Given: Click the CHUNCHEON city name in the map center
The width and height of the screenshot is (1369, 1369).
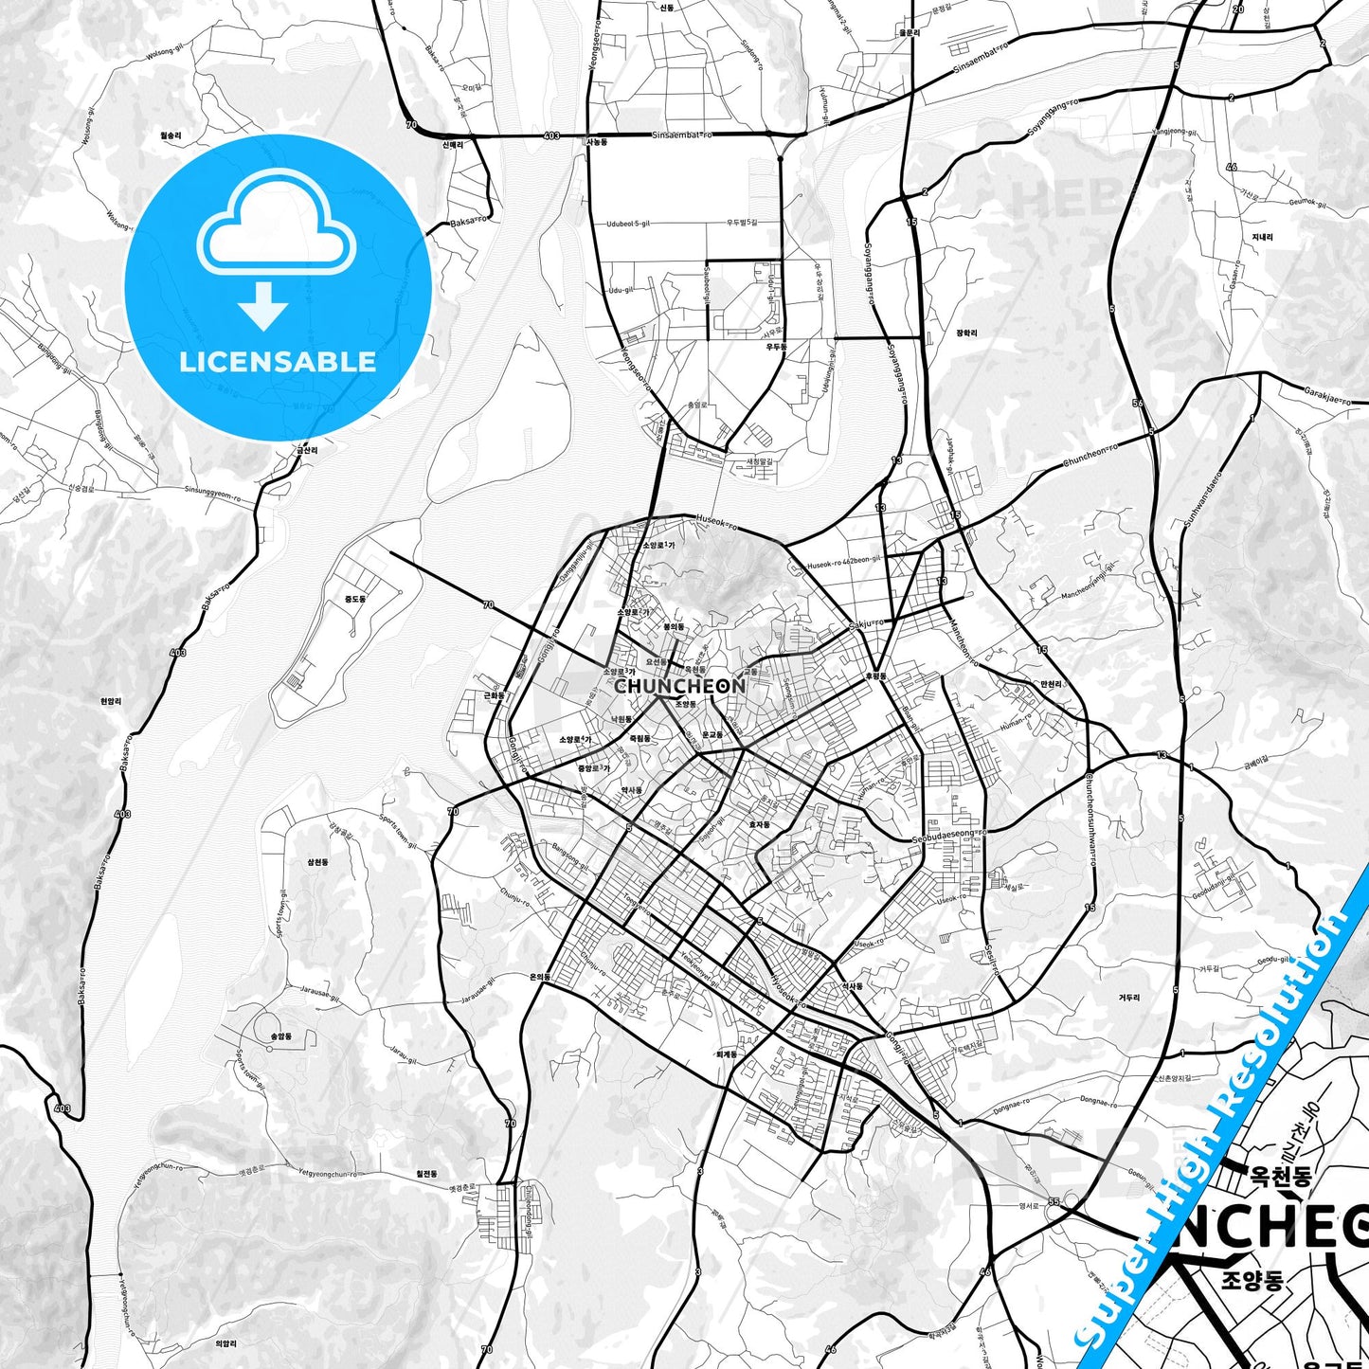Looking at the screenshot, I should (679, 685).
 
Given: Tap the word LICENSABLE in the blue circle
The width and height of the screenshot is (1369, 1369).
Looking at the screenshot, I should (278, 361).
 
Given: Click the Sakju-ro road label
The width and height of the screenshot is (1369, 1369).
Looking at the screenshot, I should (866, 623).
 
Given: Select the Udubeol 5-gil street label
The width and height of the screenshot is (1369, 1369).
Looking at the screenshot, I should (628, 224).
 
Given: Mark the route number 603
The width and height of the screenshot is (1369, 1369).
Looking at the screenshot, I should (552, 136).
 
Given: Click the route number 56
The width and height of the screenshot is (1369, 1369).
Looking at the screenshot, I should (1138, 404).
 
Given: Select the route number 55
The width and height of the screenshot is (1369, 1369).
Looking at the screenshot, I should (1053, 1201).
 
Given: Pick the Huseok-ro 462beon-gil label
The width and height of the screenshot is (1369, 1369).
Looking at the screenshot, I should (844, 565).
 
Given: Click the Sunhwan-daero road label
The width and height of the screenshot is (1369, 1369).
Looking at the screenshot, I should (1202, 503).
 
